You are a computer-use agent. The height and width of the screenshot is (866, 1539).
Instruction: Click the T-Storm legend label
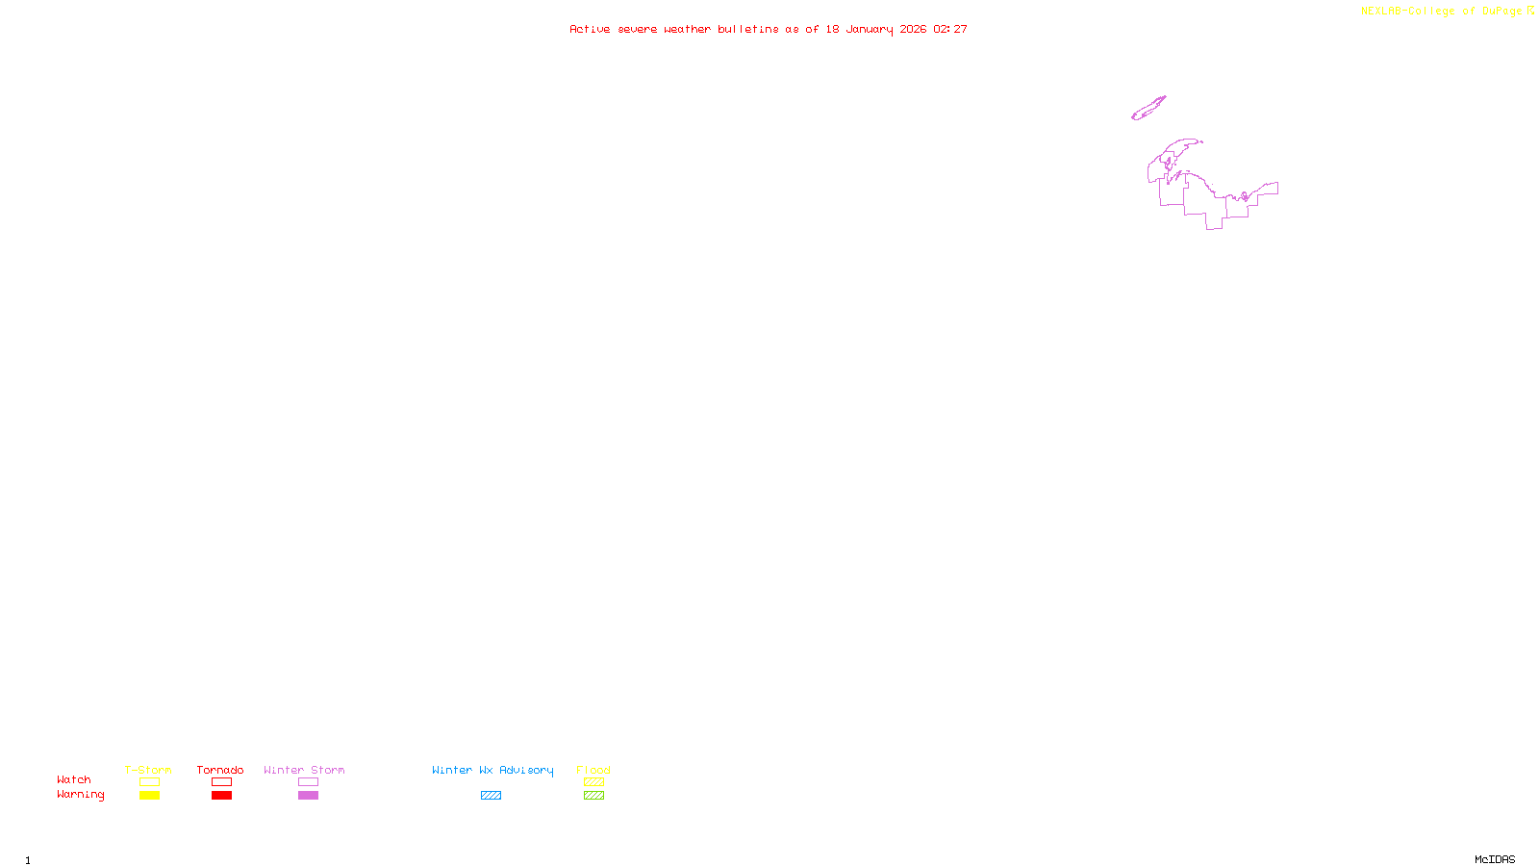tap(148, 770)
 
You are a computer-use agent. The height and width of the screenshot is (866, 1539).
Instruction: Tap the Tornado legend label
tap(220, 770)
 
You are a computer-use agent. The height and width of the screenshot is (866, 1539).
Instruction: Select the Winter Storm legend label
tap(304, 770)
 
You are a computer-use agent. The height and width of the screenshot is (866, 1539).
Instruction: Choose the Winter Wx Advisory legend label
tap(492, 770)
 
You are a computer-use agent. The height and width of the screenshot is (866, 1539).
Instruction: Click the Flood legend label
tap(593, 770)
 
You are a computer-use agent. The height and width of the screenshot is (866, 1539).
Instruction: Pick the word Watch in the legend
tap(74, 779)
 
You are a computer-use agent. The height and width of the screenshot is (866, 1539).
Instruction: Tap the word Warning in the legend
tap(80, 795)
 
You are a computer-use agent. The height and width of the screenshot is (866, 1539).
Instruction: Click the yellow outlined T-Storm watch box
tap(149, 782)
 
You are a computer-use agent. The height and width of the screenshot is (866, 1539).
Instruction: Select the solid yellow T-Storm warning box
tap(149, 796)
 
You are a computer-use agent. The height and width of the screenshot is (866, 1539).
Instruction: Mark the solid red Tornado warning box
tap(221, 796)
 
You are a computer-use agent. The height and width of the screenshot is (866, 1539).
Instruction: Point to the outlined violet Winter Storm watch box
tap(308, 782)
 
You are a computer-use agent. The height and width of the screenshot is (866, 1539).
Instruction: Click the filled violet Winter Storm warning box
tap(308, 796)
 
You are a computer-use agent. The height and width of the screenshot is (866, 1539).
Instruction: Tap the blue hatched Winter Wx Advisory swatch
tap(491, 796)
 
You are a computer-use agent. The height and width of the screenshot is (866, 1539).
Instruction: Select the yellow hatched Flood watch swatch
tap(593, 782)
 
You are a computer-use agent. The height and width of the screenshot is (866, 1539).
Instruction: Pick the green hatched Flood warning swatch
tap(593, 796)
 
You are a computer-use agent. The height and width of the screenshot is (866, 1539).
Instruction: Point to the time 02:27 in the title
tap(949, 29)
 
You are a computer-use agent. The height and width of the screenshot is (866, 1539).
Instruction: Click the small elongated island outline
tap(1148, 109)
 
